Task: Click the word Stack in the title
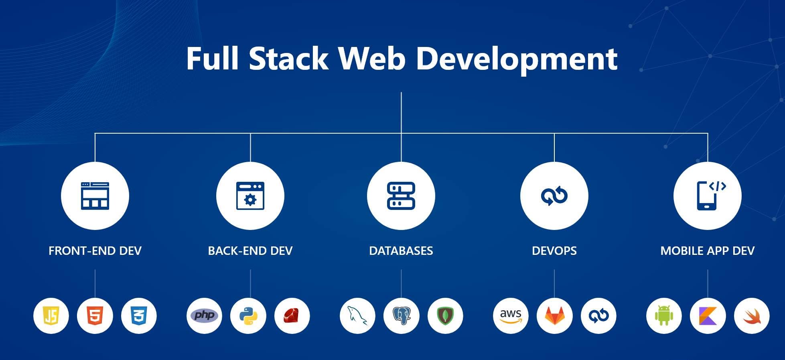[288, 59]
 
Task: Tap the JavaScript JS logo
[51, 316]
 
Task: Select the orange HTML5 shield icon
[95, 316]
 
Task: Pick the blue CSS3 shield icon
[139, 316]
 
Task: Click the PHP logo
[204, 315]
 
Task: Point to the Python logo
[248, 316]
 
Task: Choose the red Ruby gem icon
[292, 316]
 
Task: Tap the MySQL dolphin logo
[357, 316]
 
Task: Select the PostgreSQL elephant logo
[401, 316]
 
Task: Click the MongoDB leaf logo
[445, 316]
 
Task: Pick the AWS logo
[511, 316]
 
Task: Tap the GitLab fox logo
[554, 316]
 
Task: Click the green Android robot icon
[664, 316]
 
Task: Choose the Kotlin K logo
[708, 316]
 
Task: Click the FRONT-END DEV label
[95, 251]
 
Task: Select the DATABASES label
[401, 251]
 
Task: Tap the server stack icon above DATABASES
[401, 196]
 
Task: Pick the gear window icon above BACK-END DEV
[250, 196]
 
